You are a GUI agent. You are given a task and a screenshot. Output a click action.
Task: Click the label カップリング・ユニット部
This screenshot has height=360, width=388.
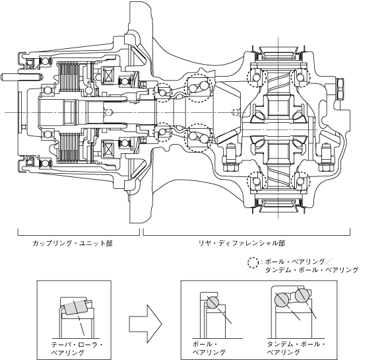click(x=73, y=243)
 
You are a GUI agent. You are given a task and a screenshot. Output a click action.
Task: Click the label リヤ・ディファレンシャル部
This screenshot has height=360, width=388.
click(x=242, y=243)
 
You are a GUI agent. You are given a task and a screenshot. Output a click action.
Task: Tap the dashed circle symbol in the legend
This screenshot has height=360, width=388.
click(x=253, y=263)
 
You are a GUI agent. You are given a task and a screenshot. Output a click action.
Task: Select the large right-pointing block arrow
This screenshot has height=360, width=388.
click(x=146, y=324)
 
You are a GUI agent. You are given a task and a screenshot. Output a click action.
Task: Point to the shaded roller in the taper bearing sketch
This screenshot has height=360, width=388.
click(x=75, y=307)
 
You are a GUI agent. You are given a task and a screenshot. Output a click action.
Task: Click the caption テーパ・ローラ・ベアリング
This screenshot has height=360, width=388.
click(x=77, y=348)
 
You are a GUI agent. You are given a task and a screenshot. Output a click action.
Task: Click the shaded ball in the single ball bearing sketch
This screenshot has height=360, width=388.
click(x=212, y=302)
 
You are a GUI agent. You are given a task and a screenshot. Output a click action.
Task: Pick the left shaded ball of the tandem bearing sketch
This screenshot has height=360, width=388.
click(x=282, y=299)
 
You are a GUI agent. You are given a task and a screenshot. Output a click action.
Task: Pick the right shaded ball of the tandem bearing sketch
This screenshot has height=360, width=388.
click(x=302, y=296)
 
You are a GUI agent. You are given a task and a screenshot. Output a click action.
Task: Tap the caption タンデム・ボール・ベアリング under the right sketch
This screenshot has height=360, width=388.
click(x=296, y=348)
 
